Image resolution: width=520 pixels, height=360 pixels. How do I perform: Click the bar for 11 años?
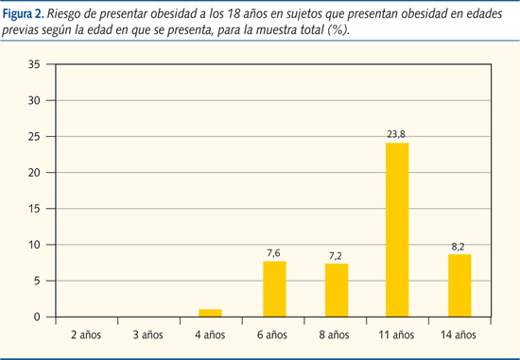tap(396, 230)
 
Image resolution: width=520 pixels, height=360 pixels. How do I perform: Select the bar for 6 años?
tap(273, 288)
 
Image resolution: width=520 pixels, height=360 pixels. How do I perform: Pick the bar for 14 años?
tap(459, 286)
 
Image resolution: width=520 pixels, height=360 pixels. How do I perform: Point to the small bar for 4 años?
tap(211, 313)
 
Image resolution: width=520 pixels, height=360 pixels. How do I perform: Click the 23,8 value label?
tap(396, 135)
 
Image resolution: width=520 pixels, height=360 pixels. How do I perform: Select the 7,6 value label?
tap(273, 252)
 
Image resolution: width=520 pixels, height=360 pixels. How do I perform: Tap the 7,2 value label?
tap(335, 255)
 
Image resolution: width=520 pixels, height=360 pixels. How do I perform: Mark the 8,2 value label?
tap(459, 246)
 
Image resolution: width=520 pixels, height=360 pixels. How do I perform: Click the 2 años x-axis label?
tap(87, 334)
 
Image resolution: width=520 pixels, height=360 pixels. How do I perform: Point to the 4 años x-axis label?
tap(211, 334)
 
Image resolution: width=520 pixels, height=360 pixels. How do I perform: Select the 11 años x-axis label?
tap(396, 334)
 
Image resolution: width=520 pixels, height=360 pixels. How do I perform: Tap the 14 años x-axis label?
tap(459, 334)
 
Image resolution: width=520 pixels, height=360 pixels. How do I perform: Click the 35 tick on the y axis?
tap(35, 64)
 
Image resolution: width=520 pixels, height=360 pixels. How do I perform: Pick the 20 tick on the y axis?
tap(35, 173)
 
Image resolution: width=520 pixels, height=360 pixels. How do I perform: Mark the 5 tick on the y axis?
tap(38, 281)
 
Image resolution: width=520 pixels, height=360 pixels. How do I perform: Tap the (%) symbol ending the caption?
tap(338, 30)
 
